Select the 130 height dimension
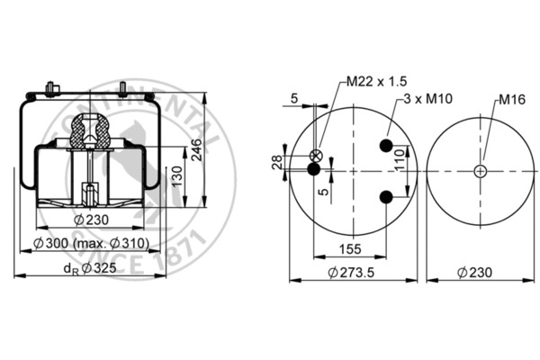pos(178,175)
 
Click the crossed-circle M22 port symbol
pos(315,155)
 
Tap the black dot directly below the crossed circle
pos(314,168)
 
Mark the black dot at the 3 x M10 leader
pos(386,147)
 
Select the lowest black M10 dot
pos(386,197)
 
